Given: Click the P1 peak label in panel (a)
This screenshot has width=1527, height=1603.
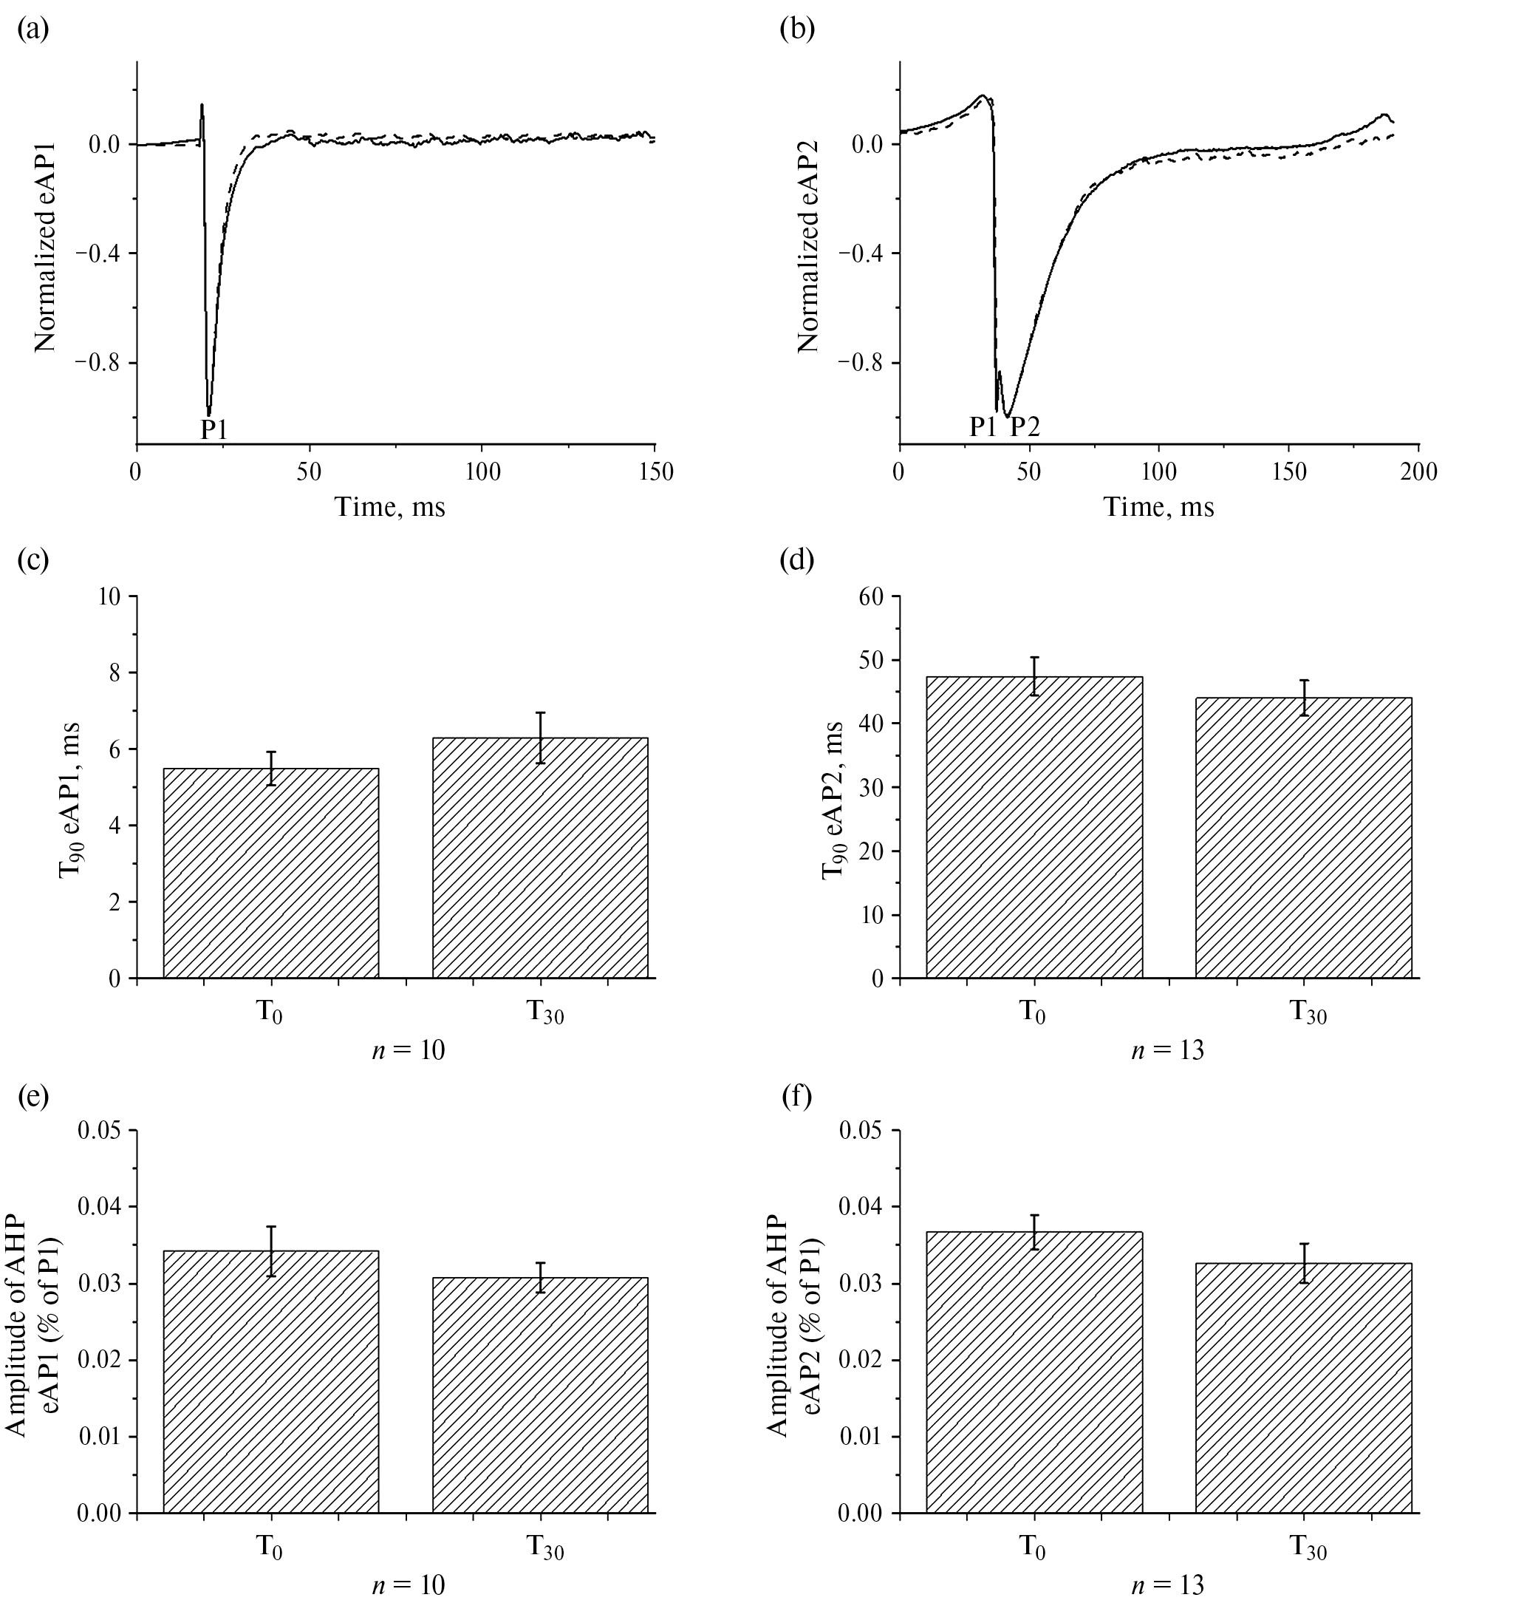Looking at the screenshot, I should point(214,429).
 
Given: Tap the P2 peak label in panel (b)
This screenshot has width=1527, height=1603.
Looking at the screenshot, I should point(1025,426).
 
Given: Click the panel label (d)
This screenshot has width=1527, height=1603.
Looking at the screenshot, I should point(796,560).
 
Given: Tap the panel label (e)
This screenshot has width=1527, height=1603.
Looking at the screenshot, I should point(33,1097).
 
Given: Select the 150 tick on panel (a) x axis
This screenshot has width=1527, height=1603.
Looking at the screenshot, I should point(656,472).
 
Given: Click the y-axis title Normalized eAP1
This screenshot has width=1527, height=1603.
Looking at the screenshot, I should point(46,246).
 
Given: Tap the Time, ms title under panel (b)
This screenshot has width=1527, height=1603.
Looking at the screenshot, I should point(1158,508).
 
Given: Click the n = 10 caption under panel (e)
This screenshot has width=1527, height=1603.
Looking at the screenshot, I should point(408,1585).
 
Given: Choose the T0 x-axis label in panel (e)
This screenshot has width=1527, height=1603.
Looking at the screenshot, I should point(270,1546).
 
